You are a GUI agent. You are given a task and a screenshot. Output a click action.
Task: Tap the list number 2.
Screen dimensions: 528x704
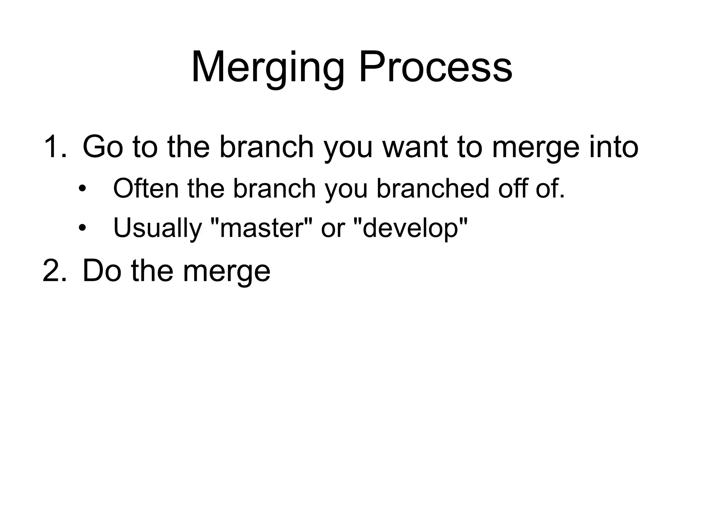(54, 271)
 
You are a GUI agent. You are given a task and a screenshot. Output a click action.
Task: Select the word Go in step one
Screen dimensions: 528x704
(103, 147)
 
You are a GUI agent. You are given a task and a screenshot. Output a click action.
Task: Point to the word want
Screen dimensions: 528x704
(415, 147)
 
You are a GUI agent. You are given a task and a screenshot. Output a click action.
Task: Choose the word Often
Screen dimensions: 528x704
(146, 188)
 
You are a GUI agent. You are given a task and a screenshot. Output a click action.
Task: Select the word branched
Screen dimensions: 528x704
(433, 188)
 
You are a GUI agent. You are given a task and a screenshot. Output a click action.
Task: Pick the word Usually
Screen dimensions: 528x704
(157, 228)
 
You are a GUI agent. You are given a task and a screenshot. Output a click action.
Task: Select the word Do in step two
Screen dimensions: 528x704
(102, 271)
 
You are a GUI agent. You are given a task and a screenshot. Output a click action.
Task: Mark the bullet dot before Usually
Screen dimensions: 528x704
(82, 228)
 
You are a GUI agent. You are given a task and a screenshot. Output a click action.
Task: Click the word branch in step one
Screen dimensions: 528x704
(266, 147)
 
